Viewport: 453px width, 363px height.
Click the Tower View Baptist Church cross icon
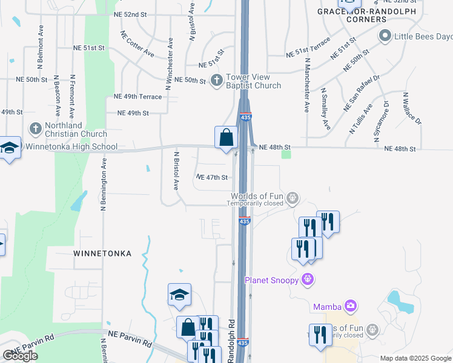tap(217, 80)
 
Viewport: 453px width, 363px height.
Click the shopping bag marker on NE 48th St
tap(226, 137)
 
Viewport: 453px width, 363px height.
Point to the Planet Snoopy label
tap(273, 280)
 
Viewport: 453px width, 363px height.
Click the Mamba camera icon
tap(350, 306)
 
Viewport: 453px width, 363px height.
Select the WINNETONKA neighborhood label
tap(102, 253)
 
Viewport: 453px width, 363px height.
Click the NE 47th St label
tap(212, 177)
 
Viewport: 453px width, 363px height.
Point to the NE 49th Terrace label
tap(138, 97)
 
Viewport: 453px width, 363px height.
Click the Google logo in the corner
tap(20, 356)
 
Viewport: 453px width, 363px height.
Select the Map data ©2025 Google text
tap(415, 358)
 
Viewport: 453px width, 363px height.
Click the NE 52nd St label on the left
tap(131, 13)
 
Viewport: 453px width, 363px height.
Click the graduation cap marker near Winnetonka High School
tap(10, 148)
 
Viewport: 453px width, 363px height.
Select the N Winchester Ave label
tap(171, 54)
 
